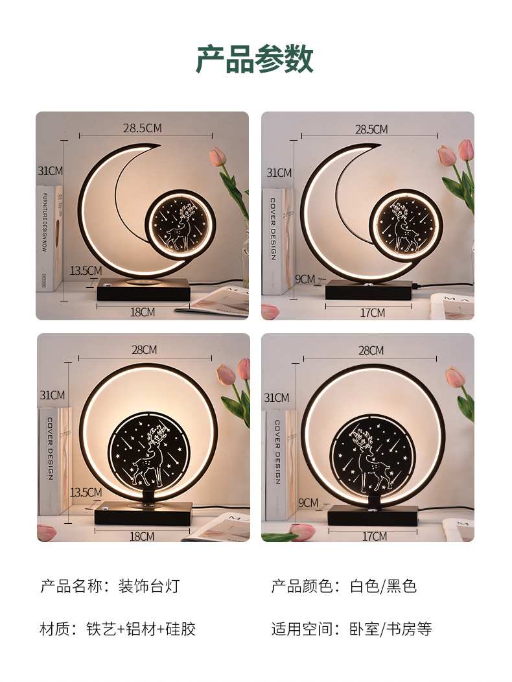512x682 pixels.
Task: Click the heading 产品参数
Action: pyautogui.click(x=255, y=60)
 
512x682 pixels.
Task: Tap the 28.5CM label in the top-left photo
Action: pyautogui.click(x=142, y=128)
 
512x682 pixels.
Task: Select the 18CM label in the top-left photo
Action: pyautogui.click(x=143, y=312)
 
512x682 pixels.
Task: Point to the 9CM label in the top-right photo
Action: pyautogui.click(x=305, y=279)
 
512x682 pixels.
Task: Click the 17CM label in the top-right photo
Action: pyautogui.click(x=373, y=312)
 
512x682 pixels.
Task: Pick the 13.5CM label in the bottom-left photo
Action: pyautogui.click(x=86, y=492)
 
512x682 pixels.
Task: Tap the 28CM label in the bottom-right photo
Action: pyautogui.click(x=371, y=350)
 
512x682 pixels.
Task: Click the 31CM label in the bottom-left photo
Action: pyautogui.click(x=52, y=395)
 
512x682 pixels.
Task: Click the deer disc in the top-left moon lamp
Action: pyautogui.click(x=180, y=224)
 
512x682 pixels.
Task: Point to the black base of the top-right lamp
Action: pyautogui.click(x=368, y=290)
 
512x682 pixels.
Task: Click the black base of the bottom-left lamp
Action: pyautogui.click(x=143, y=514)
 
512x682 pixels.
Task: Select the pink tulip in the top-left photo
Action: pyautogui.click(x=217, y=157)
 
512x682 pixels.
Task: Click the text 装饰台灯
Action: pyautogui.click(x=148, y=587)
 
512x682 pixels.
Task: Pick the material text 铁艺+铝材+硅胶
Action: pyautogui.click(x=141, y=628)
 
